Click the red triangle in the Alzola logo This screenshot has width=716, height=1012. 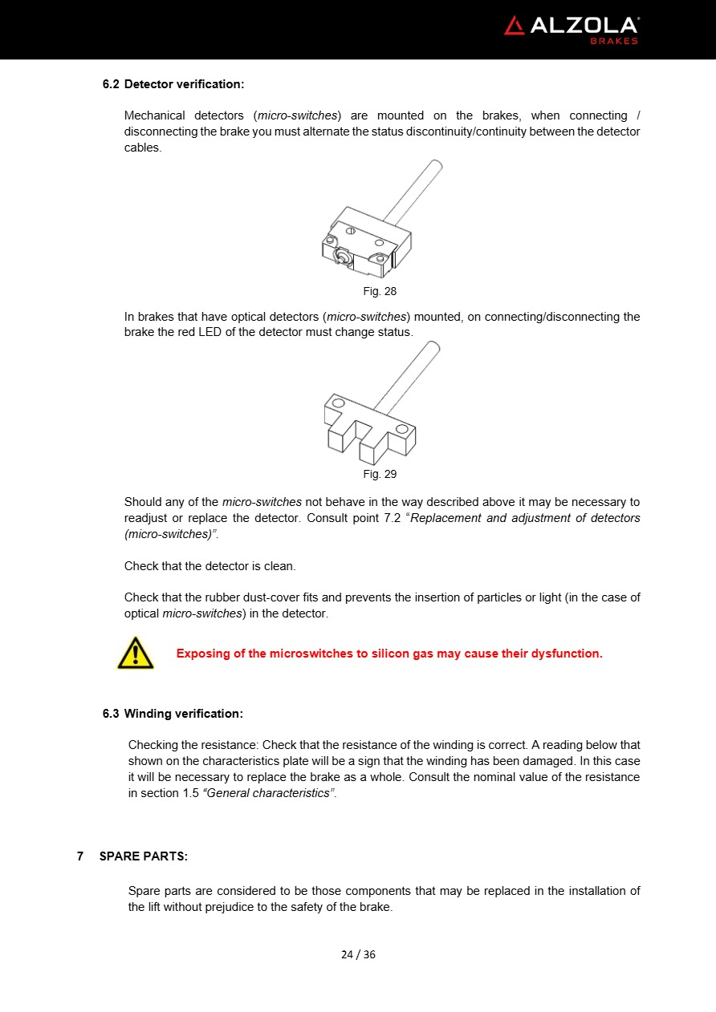click(515, 26)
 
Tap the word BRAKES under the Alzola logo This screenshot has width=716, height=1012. click(614, 41)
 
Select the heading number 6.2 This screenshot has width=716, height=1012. click(111, 84)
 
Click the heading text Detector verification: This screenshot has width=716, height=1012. click(184, 84)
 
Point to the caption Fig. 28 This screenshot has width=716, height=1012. click(380, 291)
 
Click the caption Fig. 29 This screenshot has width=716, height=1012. click(380, 474)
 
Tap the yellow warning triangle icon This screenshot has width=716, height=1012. click(136, 653)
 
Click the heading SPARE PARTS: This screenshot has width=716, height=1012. click(144, 856)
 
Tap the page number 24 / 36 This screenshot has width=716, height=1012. click(358, 954)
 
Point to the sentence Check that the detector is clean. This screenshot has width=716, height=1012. click(210, 566)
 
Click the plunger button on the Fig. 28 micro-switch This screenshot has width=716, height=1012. click(340, 257)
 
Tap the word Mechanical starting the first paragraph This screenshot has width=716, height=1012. click(154, 115)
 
